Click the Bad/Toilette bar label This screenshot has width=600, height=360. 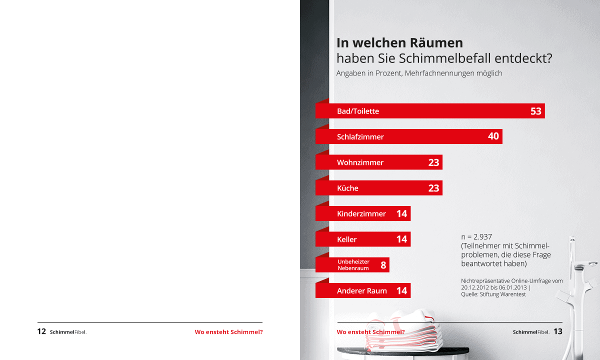(358, 111)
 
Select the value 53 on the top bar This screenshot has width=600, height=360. (535, 111)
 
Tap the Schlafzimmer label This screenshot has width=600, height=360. (360, 136)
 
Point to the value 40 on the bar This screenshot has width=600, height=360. (493, 136)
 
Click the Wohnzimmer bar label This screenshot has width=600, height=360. (360, 162)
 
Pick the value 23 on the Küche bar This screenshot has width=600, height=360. (433, 188)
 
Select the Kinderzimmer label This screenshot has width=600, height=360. (361, 213)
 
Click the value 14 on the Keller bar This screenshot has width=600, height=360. (401, 239)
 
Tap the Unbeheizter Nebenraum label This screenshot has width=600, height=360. (353, 265)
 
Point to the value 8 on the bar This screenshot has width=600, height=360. (383, 265)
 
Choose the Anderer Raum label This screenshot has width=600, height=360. (362, 290)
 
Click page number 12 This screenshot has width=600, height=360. (41, 331)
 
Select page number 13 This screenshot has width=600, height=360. (558, 331)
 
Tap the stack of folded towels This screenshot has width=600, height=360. (400, 330)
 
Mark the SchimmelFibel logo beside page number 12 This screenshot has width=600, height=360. (68, 332)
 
